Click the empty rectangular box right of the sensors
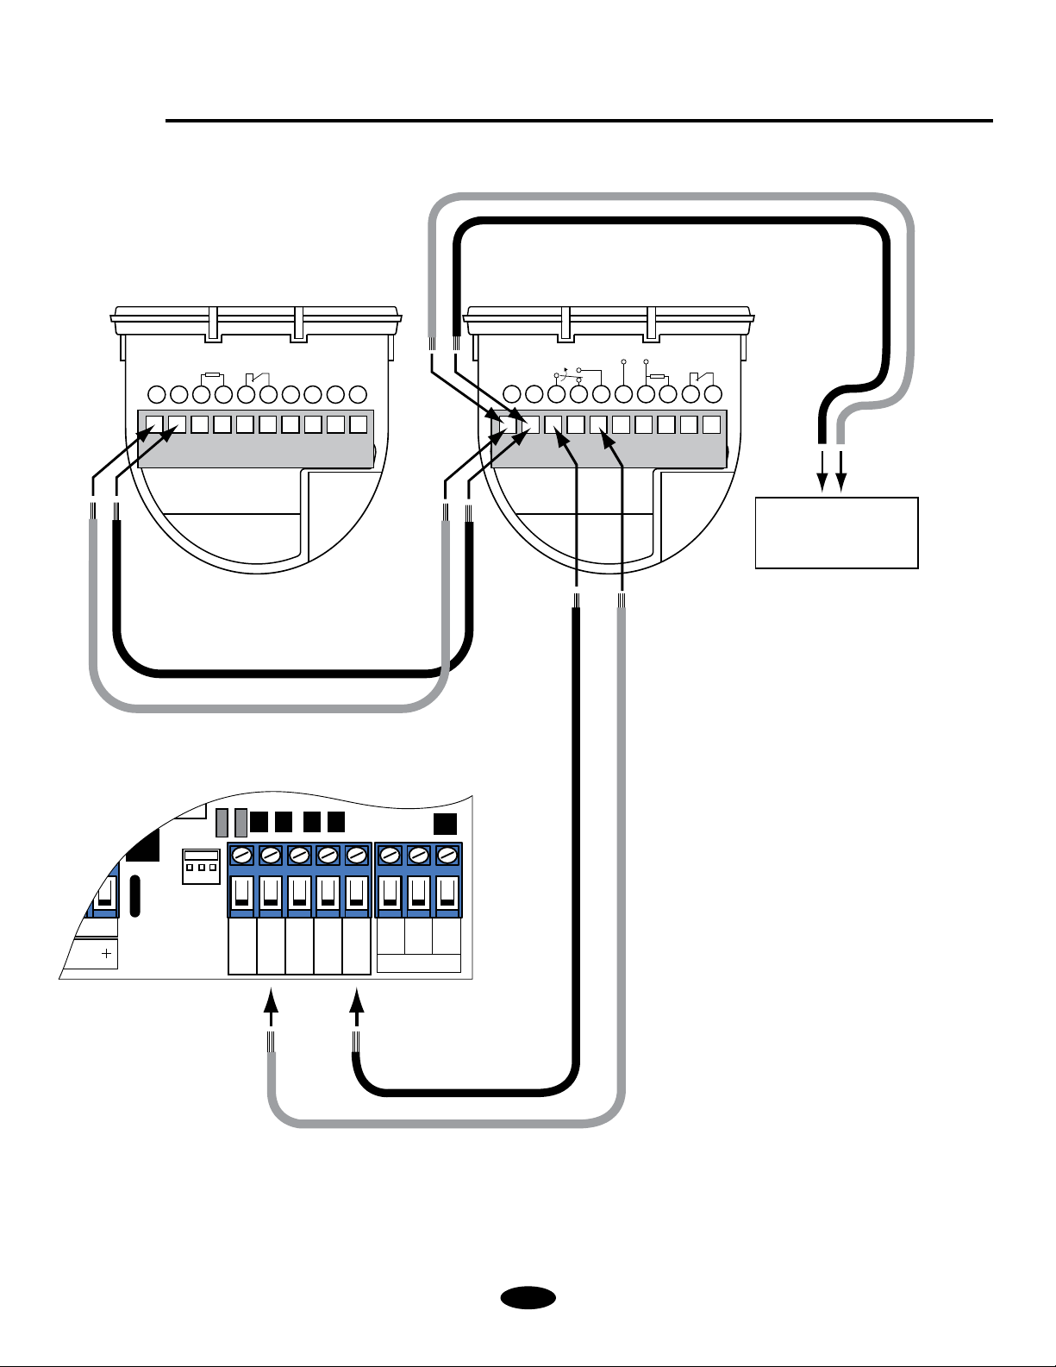pyautogui.click(x=836, y=532)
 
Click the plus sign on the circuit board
pyautogui.click(x=107, y=954)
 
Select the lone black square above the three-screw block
pyautogui.click(x=445, y=824)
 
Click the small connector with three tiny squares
pyautogui.click(x=200, y=866)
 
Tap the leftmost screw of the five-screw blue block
pyautogui.click(x=242, y=856)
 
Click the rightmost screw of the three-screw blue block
pyautogui.click(x=447, y=856)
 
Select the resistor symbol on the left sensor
pyautogui.click(x=212, y=377)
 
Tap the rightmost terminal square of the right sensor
pyautogui.click(x=710, y=424)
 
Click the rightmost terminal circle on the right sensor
pyautogui.click(x=712, y=395)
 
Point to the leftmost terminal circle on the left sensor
pyautogui.click(x=157, y=395)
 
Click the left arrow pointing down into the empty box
pyautogui.click(x=822, y=474)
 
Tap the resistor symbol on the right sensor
pyautogui.click(x=659, y=377)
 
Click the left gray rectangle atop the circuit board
pyautogui.click(x=222, y=823)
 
